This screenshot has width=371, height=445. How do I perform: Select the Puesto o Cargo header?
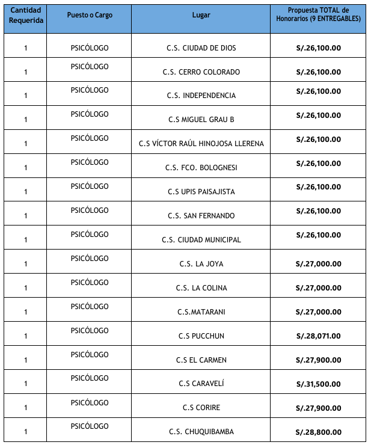click(90, 14)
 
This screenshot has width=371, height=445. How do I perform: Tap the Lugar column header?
click(201, 15)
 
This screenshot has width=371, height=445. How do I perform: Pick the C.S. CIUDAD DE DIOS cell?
click(201, 48)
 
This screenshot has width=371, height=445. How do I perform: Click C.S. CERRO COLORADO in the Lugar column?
click(201, 72)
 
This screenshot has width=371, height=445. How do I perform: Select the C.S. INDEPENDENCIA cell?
click(201, 96)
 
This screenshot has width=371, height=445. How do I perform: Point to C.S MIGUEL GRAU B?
click(201, 120)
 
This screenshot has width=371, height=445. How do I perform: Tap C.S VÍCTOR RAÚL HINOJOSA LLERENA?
click(201, 144)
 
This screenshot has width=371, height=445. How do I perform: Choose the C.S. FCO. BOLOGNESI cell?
click(201, 168)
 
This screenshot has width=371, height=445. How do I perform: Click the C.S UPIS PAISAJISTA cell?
click(201, 192)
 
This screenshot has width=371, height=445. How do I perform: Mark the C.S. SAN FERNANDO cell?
click(201, 216)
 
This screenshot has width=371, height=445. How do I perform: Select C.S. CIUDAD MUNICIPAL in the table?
click(201, 240)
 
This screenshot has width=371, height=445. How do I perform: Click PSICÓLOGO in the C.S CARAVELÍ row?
click(90, 378)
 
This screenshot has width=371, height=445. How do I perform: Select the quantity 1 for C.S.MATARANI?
click(26, 311)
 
